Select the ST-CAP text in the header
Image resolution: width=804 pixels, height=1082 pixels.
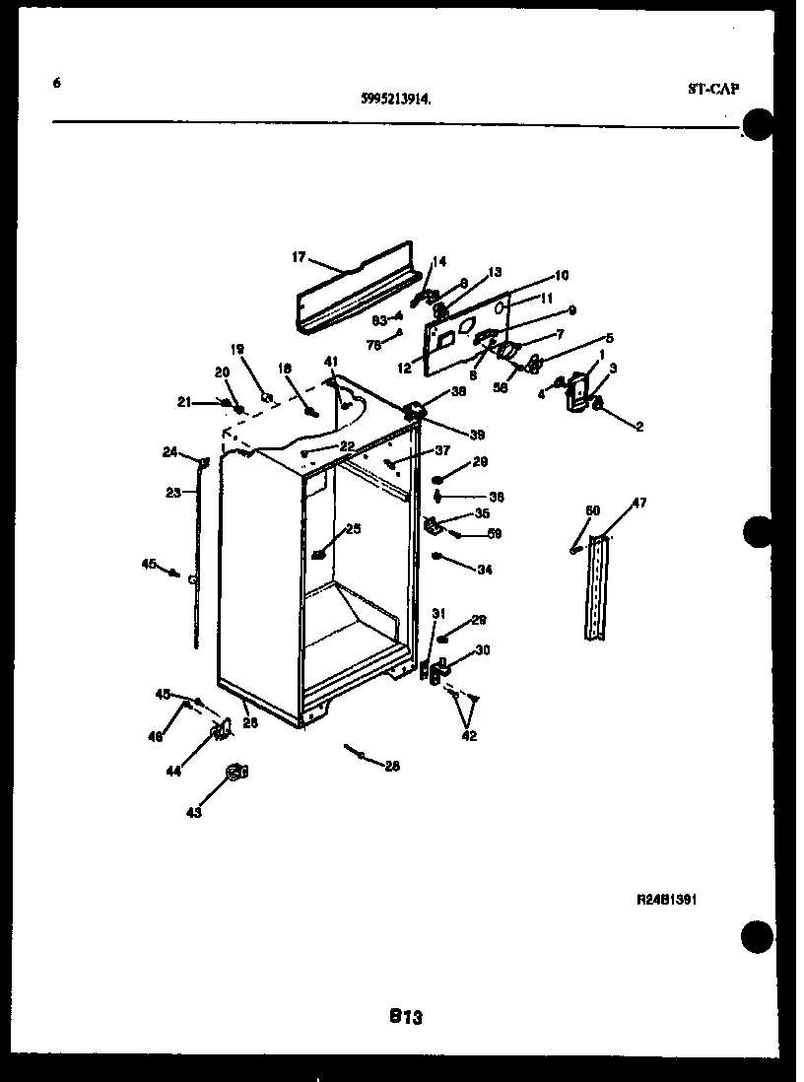click(x=712, y=89)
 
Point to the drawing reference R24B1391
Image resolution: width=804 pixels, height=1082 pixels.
click(x=667, y=900)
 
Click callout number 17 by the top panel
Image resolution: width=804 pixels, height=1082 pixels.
click(x=299, y=259)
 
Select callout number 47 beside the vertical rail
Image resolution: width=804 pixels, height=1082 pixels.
click(x=639, y=504)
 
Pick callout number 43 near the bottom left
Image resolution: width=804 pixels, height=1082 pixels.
click(x=193, y=812)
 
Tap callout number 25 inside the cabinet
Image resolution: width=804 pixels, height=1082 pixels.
click(x=353, y=529)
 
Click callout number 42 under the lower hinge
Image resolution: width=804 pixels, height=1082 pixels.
click(x=468, y=735)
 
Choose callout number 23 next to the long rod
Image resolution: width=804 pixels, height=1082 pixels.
click(x=173, y=492)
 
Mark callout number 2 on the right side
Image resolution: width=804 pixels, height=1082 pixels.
click(x=638, y=427)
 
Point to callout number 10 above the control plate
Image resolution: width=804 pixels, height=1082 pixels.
click(x=562, y=276)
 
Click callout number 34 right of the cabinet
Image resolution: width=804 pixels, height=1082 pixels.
click(x=484, y=570)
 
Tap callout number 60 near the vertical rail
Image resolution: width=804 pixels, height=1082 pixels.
click(x=592, y=509)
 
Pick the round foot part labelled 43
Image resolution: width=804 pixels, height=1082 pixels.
click(x=234, y=772)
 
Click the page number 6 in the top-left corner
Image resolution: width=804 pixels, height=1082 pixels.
click(x=57, y=84)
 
